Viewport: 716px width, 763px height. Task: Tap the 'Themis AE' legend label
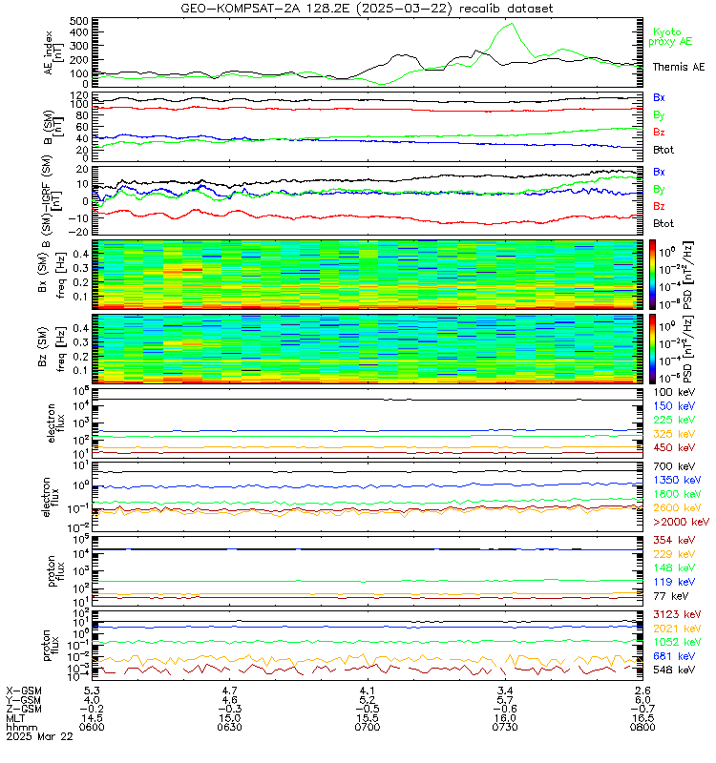click(x=678, y=67)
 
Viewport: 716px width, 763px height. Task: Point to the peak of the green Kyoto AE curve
click(x=511, y=25)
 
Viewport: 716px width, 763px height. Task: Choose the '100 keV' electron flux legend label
click(x=674, y=392)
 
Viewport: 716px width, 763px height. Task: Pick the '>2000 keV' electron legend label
click(x=680, y=523)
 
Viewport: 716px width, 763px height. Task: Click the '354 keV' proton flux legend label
click(x=674, y=542)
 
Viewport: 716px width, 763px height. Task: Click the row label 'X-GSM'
click(x=26, y=690)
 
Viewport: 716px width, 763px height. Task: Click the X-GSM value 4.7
click(x=230, y=690)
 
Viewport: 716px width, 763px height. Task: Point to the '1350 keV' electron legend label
click(x=677, y=480)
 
